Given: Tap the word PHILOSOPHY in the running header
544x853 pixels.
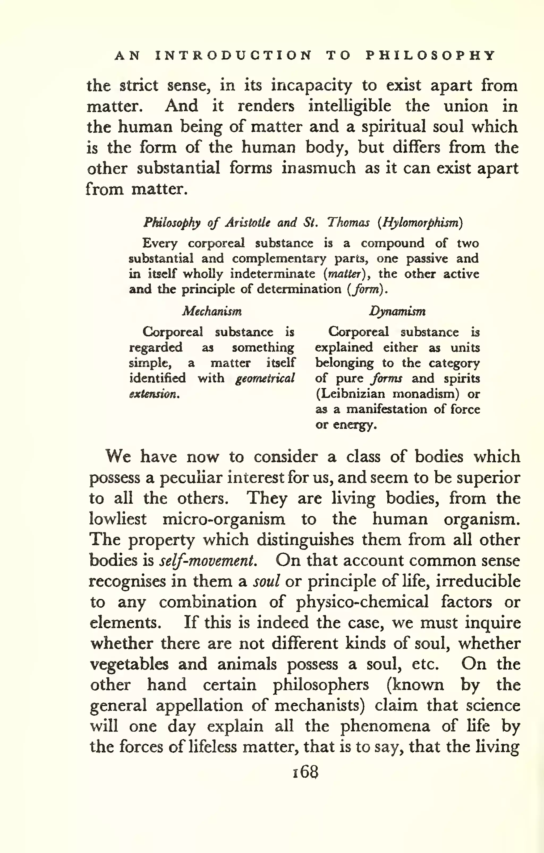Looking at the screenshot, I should (x=430, y=56).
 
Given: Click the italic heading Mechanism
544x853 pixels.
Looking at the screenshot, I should (x=212, y=311).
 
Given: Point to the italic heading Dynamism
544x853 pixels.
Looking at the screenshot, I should (x=397, y=311).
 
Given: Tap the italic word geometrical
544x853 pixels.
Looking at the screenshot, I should (x=265, y=378).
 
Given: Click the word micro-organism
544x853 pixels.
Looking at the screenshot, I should (x=224, y=519).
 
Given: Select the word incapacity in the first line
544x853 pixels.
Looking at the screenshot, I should (x=311, y=85).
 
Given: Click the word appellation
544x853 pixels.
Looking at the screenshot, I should (x=199, y=705).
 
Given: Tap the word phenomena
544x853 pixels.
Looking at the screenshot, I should (x=385, y=726).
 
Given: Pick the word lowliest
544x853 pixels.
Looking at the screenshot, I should (x=117, y=519).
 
